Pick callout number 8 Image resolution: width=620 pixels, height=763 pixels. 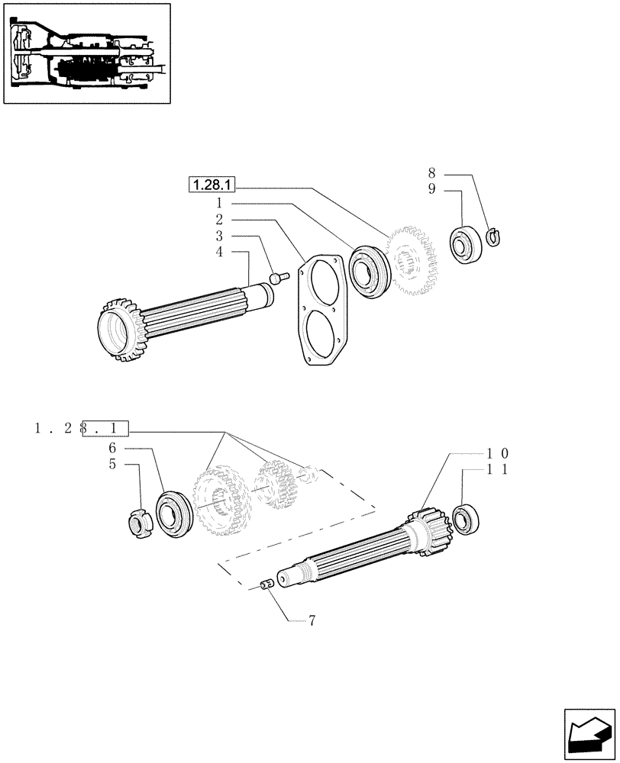(431, 173)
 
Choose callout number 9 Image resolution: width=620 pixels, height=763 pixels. (431, 190)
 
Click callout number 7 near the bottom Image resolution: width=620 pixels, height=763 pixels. (312, 621)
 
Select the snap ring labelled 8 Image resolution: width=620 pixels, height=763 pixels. (493, 237)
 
